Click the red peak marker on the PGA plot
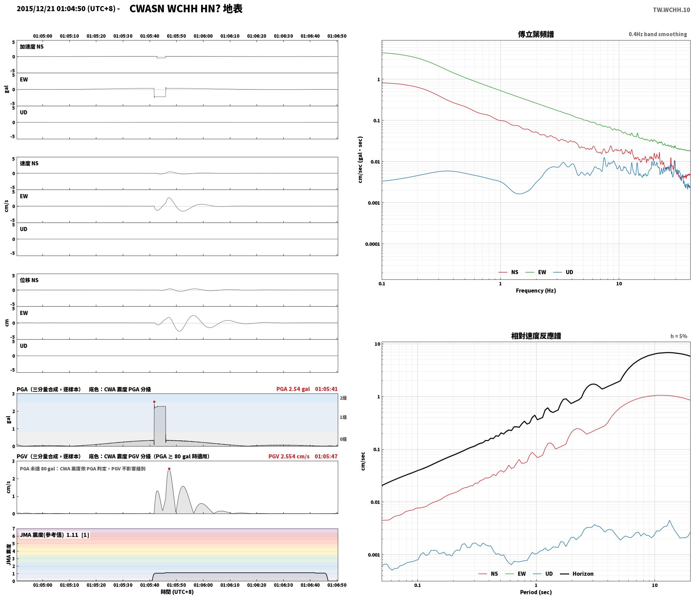(154, 402)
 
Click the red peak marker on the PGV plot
(169, 469)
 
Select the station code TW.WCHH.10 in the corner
(671, 10)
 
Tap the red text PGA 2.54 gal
(293, 389)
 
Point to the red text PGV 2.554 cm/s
(289, 456)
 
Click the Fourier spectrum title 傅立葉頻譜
(536, 34)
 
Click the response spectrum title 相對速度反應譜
(536, 336)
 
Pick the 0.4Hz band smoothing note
(658, 34)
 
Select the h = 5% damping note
(679, 336)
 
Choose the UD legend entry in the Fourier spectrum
(563, 272)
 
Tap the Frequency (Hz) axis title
(536, 291)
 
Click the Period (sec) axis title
(536, 592)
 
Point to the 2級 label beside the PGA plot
(343, 398)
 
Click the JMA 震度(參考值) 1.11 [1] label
(54, 535)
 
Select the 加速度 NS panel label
(32, 47)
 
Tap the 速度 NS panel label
(29, 163)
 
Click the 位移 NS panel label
(29, 280)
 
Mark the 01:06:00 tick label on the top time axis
(203, 36)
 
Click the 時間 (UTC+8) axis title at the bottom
(177, 592)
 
